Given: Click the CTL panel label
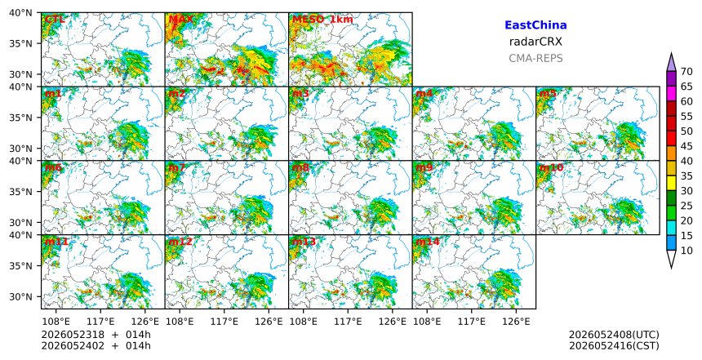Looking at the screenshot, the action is coord(55,20).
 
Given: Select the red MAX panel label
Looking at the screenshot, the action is coord(181,20).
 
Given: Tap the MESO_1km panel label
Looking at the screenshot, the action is coord(322,20).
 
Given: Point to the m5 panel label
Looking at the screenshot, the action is coord(548,94).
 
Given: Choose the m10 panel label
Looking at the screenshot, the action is coord(551,167).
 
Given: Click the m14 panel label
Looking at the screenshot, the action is coord(427,242).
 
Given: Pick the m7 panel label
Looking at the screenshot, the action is coord(177,167).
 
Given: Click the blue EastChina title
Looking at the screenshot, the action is coord(535,25).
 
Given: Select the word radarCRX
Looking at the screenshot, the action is coord(535,42).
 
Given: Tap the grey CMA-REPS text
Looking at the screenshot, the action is coord(535,58).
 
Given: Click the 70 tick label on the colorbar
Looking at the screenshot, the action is coord(686,72).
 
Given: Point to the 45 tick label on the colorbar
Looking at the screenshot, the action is coord(686,146).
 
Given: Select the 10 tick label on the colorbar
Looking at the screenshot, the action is coord(686,251).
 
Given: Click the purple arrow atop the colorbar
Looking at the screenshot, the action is coord(671,63).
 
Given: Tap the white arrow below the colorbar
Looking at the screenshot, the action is coord(671,259).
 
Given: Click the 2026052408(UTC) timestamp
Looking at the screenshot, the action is coord(614,335).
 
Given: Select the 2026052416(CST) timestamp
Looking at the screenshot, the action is coord(614,345).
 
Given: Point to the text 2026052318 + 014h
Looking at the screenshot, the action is coord(96,335).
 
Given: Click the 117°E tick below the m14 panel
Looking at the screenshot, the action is coord(472,322).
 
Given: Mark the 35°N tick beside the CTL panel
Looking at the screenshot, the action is coord(20,43).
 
